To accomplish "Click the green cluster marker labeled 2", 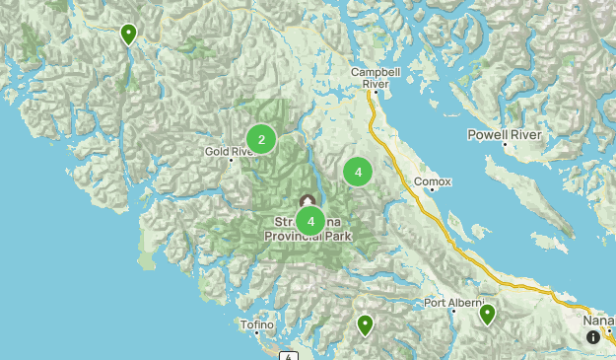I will point(261,140).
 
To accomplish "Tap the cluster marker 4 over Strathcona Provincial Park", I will point(310,221).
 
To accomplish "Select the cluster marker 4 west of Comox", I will point(358,173).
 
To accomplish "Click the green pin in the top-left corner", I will point(128,35).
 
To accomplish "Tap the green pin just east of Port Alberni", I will point(487,315).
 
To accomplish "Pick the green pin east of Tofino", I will point(365,324).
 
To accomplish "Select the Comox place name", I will point(432,181).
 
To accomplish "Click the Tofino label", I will point(257,324).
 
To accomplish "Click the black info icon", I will point(593,337).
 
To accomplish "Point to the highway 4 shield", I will point(288,355).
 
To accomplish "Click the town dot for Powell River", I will point(505,145).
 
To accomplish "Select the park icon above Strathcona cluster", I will point(308,201).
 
